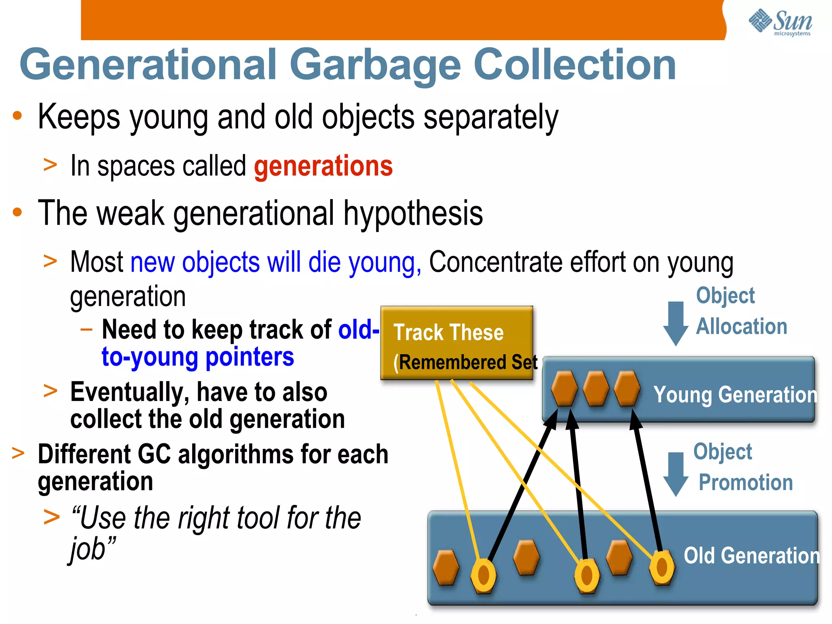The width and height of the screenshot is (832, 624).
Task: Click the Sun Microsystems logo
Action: click(780, 22)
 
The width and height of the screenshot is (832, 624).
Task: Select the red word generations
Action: click(323, 166)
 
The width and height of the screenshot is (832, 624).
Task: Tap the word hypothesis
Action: click(413, 214)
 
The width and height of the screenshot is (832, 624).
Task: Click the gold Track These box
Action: click(456, 342)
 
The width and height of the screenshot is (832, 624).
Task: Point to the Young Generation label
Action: click(735, 394)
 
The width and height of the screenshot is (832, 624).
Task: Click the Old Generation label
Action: click(751, 555)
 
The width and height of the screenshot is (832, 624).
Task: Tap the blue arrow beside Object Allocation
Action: click(676, 323)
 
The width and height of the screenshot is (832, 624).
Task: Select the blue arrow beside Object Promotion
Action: click(676, 474)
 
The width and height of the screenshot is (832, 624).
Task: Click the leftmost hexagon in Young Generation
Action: click(564, 388)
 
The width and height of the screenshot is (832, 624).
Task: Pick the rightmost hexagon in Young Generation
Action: click(627, 388)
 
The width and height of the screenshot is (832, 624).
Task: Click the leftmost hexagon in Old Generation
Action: click(446, 568)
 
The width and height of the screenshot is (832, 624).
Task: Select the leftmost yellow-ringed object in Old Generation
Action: click(483, 575)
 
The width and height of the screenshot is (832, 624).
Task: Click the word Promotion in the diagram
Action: click(745, 483)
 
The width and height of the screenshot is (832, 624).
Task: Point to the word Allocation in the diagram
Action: click(741, 327)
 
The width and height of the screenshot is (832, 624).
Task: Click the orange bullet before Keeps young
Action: click(17, 116)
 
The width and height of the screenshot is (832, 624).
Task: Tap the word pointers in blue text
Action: click(249, 357)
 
